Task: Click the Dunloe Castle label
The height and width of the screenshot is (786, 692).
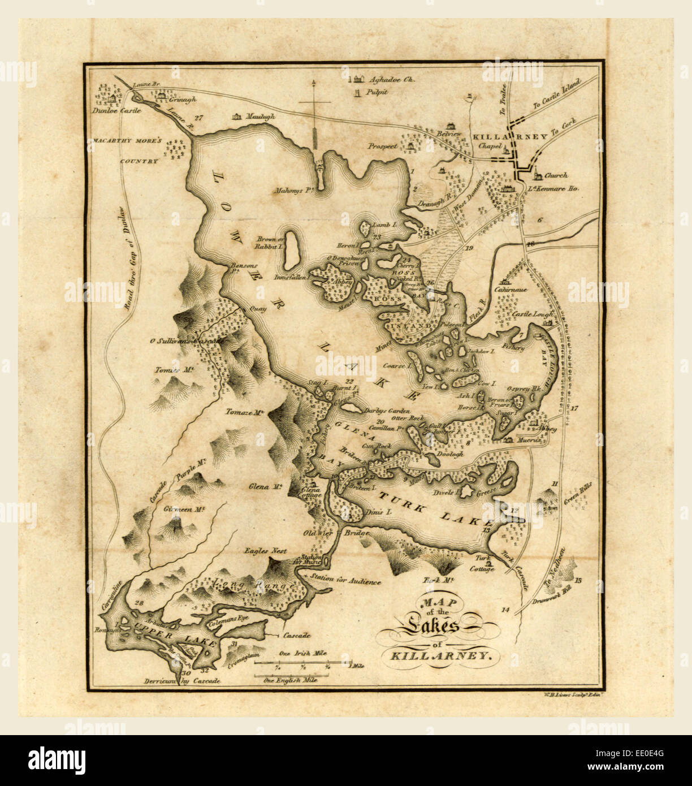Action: [116, 111]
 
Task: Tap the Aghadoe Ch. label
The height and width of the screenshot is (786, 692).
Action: [391, 80]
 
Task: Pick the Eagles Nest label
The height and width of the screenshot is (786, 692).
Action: [265, 550]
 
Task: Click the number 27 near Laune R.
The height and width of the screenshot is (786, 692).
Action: [197, 118]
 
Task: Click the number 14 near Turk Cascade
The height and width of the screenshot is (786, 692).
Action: [505, 610]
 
